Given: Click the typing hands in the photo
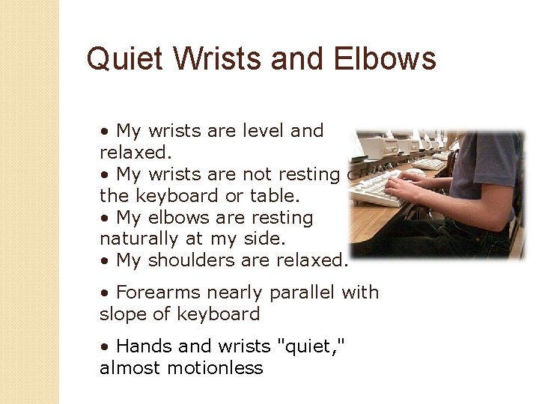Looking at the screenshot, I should (405, 183).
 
